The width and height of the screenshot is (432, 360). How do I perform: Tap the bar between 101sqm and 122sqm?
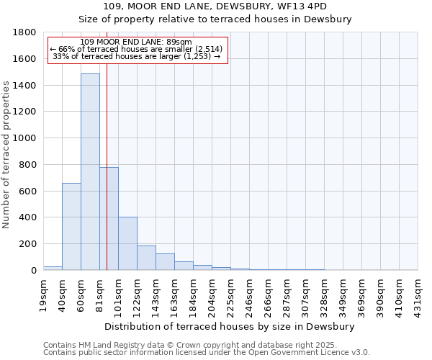tap(127, 243)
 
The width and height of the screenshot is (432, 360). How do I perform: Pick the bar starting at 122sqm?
tap(146, 258)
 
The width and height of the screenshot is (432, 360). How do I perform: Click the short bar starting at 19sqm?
tap(53, 268)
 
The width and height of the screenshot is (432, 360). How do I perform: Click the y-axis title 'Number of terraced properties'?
tap(7, 155)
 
